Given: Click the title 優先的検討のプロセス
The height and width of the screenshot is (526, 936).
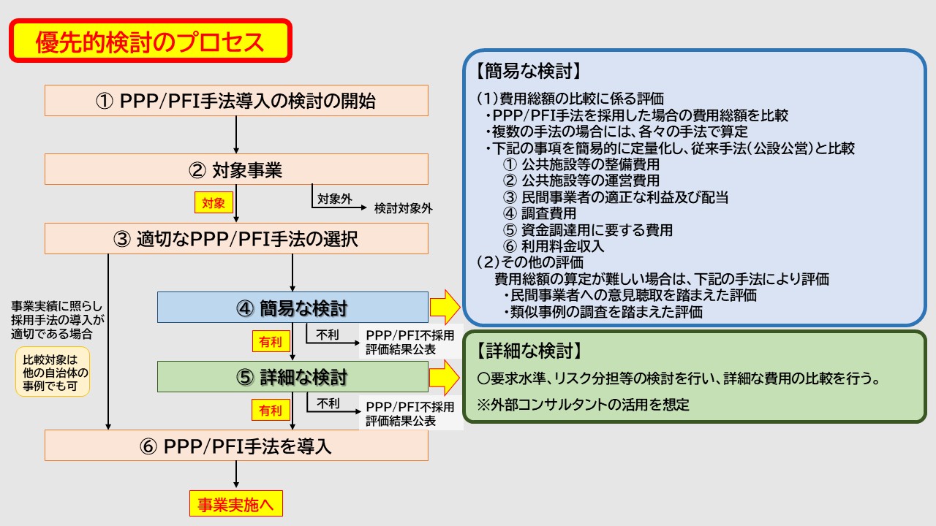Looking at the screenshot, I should point(150,42).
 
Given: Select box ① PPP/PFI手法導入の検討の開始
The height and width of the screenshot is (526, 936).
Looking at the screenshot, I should point(236,101).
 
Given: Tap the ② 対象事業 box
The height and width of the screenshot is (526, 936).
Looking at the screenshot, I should point(236,169).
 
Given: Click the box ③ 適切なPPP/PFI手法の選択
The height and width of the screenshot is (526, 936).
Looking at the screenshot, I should point(236,239).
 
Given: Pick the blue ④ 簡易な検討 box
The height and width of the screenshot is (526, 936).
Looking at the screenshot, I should point(292,308).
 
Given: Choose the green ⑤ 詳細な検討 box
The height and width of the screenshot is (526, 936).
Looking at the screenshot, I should point(292,376).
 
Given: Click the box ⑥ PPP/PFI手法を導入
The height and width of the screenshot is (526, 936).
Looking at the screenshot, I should point(236,445).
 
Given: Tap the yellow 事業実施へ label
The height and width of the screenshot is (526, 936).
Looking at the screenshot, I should point(235,504).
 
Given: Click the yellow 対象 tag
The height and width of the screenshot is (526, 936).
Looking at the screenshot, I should point(213,202).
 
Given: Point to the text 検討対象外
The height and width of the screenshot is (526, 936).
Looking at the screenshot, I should point(403,208).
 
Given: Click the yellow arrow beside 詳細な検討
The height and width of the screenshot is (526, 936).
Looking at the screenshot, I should point(444,376).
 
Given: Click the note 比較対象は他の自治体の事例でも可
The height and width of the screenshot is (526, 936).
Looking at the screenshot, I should point(53,371).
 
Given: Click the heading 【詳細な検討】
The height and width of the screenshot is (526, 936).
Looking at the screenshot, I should point(527,351).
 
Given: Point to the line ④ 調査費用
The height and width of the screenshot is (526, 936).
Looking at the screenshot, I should point(540,213).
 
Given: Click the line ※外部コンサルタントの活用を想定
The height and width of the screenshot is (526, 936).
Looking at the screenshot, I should point(583,404).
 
